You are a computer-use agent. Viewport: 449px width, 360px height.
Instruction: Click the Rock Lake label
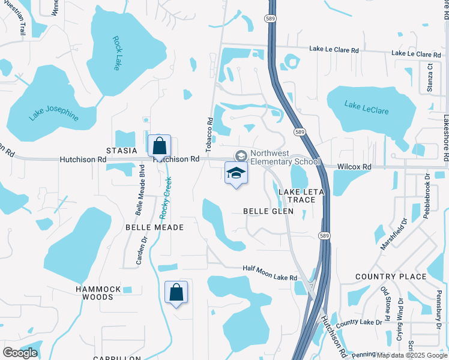tap(116, 53)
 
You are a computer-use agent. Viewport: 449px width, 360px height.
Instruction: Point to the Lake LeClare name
tap(366, 107)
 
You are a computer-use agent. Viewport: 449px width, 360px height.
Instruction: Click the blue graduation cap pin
tap(236, 174)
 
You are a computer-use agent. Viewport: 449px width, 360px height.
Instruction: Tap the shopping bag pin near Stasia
tap(159, 146)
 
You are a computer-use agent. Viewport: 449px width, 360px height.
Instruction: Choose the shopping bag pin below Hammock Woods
tap(176, 293)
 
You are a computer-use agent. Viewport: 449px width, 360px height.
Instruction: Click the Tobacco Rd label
tap(210, 134)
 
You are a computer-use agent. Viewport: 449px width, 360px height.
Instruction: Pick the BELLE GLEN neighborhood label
tap(268, 211)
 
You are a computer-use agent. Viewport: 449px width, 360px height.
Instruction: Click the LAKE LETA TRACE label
tap(301, 196)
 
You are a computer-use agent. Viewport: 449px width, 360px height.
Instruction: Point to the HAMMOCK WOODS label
tap(98, 293)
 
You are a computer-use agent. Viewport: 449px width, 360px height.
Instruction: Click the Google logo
tap(20, 352)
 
